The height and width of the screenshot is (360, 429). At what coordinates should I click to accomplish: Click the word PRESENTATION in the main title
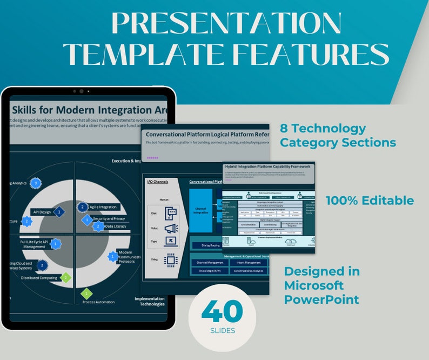pyautogui.click(x=226, y=24)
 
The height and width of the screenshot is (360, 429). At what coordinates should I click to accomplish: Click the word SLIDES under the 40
pyautogui.click(x=222, y=330)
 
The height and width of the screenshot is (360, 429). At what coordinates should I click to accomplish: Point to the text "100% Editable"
pyautogui.click(x=370, y=201)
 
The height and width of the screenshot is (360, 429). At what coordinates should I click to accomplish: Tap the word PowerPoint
pyautogui.click(x=321, y=299)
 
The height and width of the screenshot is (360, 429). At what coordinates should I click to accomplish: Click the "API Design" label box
pyautogui.click(x=42, y=212)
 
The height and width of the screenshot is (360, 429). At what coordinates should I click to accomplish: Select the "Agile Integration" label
pyautogui.click(x=103, y=207)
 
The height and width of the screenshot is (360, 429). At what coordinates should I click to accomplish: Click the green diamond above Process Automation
pyautogui.click(x=86, y=294)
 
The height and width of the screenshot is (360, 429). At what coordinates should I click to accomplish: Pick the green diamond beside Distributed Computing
pyautogui.click(x=65, y=277)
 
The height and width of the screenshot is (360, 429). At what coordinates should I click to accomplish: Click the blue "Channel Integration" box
pyautogui.click(x=200, y=211)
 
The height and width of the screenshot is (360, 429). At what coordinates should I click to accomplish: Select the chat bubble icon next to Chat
pyautogui.click(x=171, y=213)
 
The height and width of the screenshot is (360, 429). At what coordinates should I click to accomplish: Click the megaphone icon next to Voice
pyautogui.click(x=171, y=228)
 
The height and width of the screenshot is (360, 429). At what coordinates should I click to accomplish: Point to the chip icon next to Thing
pyautogui.click(x=171, y=259)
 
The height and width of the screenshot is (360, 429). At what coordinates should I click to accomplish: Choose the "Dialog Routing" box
pyautogui.click(x=206, y=245)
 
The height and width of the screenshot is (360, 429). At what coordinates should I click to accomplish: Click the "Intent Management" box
pyautogui.click(x=248, y=263)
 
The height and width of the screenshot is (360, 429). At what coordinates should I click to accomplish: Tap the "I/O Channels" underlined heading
pyautogui.click(x=158, y=182)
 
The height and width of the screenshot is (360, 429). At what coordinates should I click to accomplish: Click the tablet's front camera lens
pyautogui.click(x=82, y=91)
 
